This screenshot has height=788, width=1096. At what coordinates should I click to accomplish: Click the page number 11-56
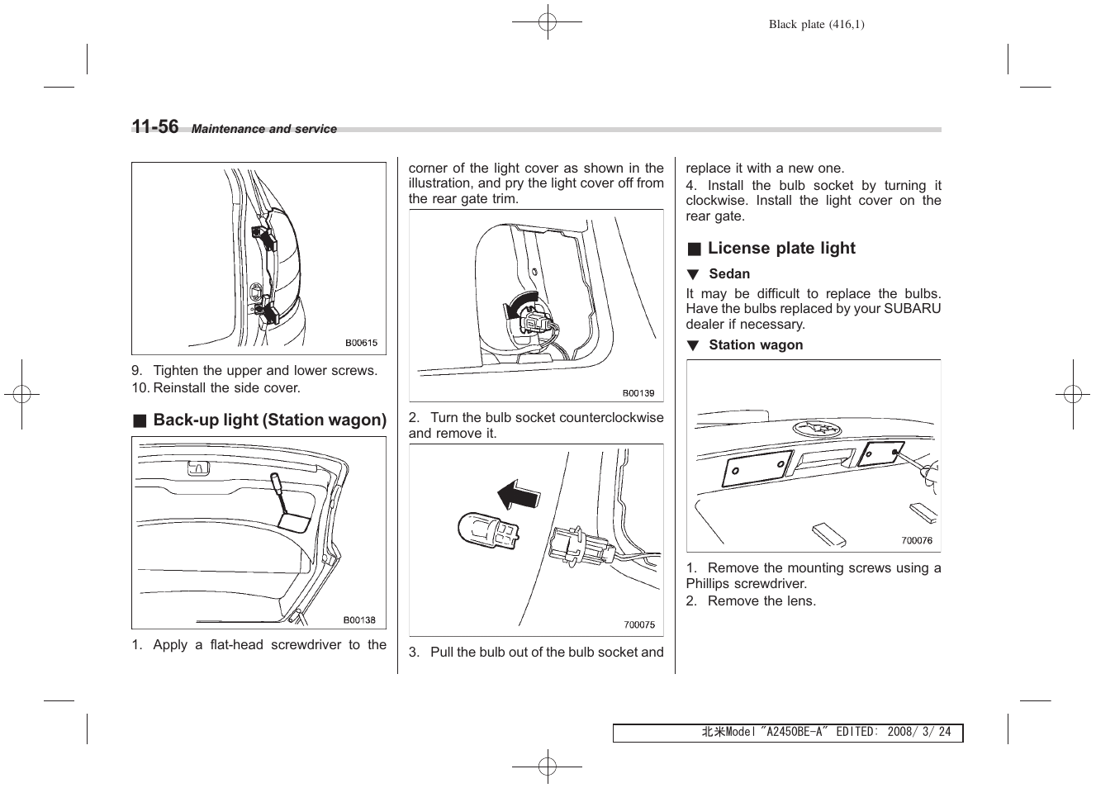click(155, 126)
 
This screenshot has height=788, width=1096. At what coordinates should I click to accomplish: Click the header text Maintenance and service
click(263, 130)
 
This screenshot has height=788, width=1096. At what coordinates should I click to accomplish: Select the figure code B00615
click(361, 343)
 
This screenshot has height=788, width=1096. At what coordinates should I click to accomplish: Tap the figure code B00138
click(359, 620)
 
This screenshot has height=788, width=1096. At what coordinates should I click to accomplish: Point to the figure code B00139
click(638, 393)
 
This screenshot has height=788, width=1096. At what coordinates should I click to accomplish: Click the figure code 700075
click(639, 625)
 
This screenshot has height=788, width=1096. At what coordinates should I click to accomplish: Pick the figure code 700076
click(917, 541)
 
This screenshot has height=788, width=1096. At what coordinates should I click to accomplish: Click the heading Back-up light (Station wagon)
click(269, 420)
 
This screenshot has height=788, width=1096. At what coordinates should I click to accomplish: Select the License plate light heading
click(780, 249)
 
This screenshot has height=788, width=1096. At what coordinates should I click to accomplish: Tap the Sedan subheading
click(729, 274)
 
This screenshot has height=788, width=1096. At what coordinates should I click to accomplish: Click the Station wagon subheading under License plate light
click(755, 345)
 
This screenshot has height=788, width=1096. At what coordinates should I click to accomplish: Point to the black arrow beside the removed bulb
click(518, 496)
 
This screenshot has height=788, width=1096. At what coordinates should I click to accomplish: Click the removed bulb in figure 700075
click(488, 529)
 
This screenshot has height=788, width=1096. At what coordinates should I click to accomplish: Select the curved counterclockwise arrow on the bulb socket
click(518, 307)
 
